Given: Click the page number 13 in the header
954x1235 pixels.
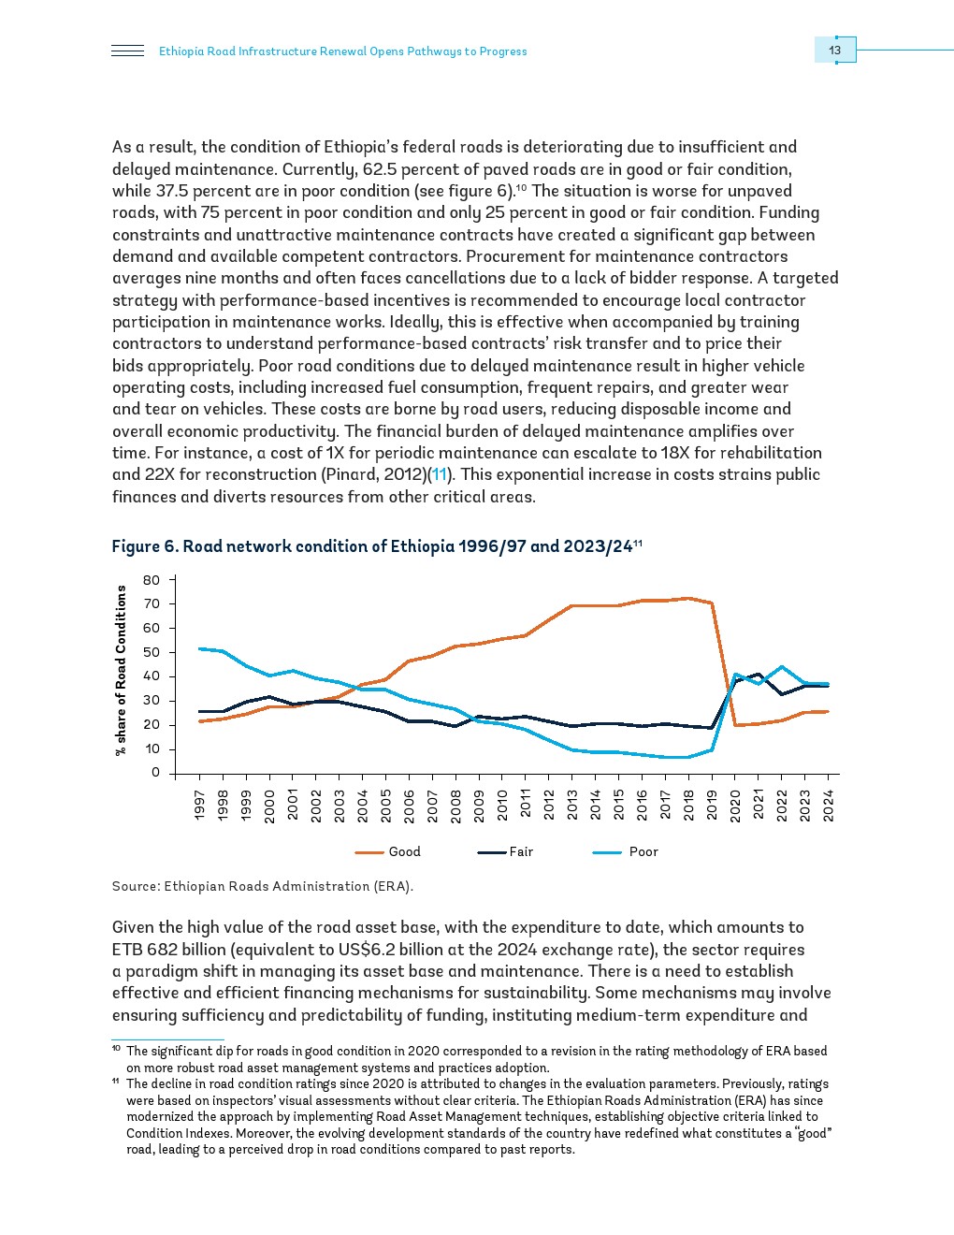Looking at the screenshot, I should (x=834, y=51).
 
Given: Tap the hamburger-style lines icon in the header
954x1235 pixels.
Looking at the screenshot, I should (x=127, y=51).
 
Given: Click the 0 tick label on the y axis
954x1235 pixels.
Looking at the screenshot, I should (x=156, y=773).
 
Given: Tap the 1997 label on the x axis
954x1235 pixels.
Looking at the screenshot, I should (x=200, y=805).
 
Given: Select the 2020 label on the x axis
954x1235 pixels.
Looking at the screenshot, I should (x=735, y=805).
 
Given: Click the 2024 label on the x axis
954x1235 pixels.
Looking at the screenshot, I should (x=828, y=805).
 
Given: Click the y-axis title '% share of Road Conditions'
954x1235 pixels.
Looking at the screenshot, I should (x=121, y=670).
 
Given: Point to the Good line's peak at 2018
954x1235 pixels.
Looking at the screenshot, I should (x=688, y=598).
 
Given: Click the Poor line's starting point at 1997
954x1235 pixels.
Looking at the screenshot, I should (x=200, y=648).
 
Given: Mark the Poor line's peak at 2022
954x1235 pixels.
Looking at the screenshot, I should (x=782, y=667).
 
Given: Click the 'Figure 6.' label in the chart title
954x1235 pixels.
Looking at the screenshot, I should (x=144, y=546).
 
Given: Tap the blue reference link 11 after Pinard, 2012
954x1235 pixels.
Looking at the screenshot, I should (x=440, y=474).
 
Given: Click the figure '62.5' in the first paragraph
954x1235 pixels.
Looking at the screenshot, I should (x=380, y=169).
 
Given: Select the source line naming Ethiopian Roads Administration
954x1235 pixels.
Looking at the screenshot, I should (x=262, y=886).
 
